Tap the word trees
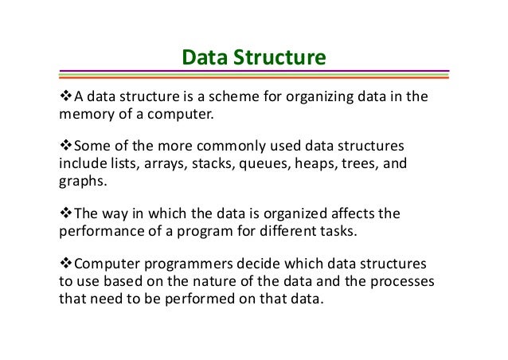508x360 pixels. pos(361,164)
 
